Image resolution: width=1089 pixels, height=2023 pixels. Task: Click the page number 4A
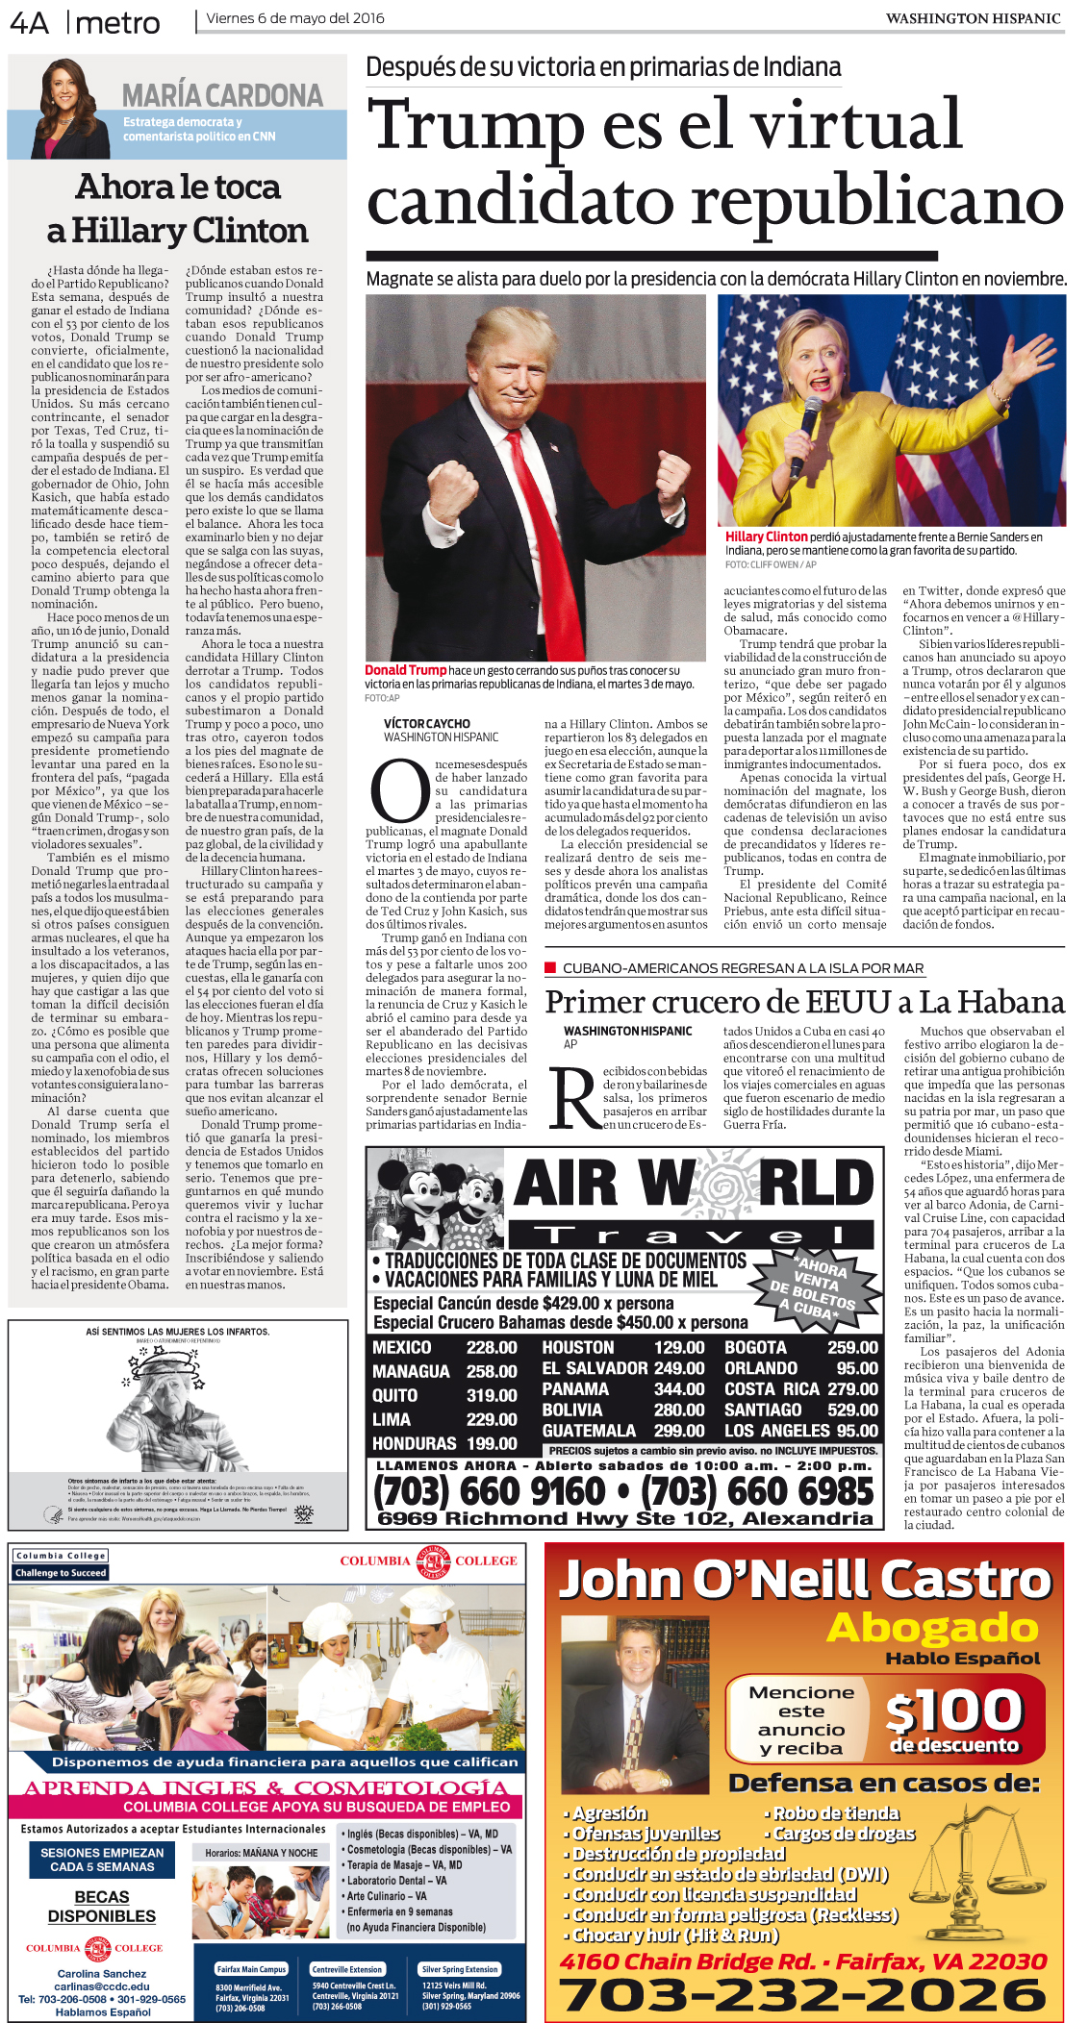tap(29, 23)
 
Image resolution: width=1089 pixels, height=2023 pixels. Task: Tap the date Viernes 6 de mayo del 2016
tap(294, 18)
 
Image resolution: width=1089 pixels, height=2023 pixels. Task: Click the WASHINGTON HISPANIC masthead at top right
tap(973, 18)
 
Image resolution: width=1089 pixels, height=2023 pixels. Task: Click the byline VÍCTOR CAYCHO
tap(426, 723)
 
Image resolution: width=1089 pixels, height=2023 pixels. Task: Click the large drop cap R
tap(574, 1096)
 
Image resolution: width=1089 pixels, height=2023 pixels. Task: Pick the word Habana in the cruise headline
tap(1016, 1002)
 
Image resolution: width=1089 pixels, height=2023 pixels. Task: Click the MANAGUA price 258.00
tap(492, 1371)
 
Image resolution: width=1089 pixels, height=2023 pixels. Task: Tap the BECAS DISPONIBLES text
tap(102, 1906)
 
